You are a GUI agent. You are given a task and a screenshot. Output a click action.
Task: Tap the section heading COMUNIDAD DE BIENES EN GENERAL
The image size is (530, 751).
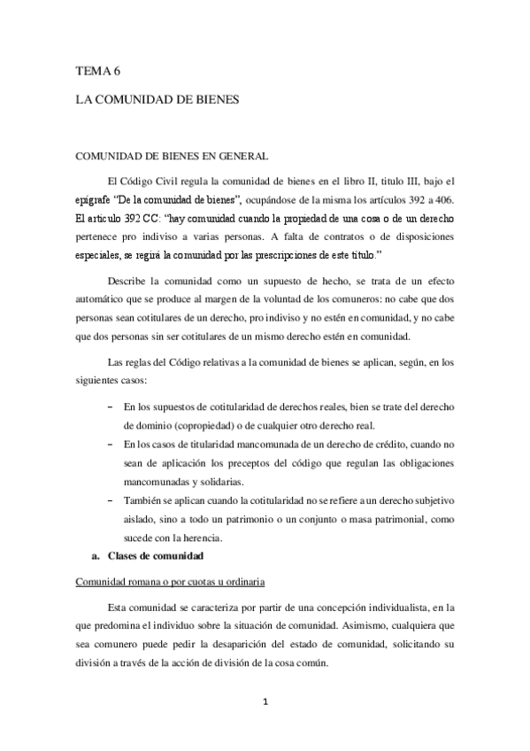[x=171, y=158]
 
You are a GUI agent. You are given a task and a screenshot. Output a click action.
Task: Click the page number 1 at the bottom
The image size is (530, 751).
[x=265, y=704]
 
